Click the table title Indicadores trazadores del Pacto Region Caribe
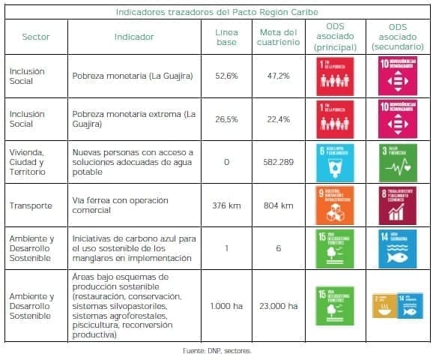click(x=217, y=11)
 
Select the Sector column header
click(x=36, y=37)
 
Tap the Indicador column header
click(x=134, y=37)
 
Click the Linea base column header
click(x=226, y=37)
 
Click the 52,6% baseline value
click(x=226, y=76)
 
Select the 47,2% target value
click(x=278, y=76)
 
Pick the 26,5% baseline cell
click(x=226, y=118)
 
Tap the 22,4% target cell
click(x=278, y=118)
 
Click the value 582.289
click(x=278, y=161)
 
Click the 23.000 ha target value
click(x=278, y=306)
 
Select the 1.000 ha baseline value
click(x=226, y=306)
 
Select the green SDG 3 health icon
click(x=396, y=161)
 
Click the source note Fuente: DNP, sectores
click(x=217, y=350)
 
